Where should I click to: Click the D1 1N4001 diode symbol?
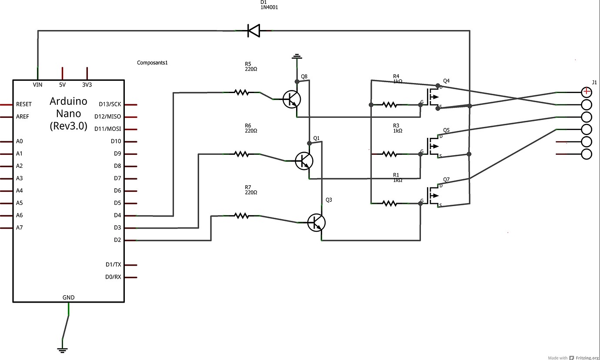253,30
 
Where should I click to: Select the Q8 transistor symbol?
291,99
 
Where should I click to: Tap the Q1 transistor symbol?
303,160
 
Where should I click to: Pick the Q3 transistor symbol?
316,222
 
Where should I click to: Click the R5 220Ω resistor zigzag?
241,92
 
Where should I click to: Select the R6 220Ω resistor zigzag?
241,154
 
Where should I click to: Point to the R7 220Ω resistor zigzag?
241,215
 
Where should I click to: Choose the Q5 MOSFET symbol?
432,147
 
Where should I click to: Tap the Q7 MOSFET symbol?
432,196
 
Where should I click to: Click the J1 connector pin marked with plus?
587,92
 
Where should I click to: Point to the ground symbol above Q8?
297,57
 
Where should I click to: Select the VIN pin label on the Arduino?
38,85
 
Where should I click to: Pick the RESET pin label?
24,104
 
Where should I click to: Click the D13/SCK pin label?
110,104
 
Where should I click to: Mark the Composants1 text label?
152,63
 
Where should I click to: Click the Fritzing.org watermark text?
587,357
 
